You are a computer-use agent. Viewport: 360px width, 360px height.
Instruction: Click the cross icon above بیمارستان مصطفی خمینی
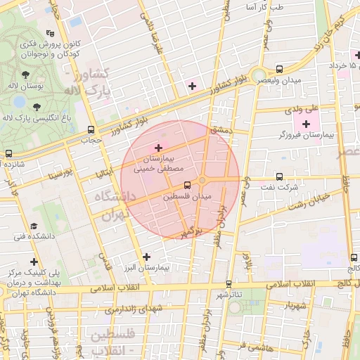[x=158, y=148]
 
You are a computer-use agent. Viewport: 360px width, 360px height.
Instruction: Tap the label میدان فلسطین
[x=187, y=197]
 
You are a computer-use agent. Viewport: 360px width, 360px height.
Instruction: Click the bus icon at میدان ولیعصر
[x=280, y=69]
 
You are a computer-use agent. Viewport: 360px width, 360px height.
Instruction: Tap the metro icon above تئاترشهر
[x=228, y=284]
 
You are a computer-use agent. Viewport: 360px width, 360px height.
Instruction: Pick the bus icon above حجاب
[x=91, y=129]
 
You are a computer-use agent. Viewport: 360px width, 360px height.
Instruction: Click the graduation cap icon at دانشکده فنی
[x=33, y=226]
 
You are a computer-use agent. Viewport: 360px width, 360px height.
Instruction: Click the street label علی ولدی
[x=302, y=109]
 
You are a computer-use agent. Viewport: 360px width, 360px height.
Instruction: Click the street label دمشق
[x=219, y=130]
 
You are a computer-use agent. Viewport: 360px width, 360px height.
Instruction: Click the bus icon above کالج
[x=351, y=257]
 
